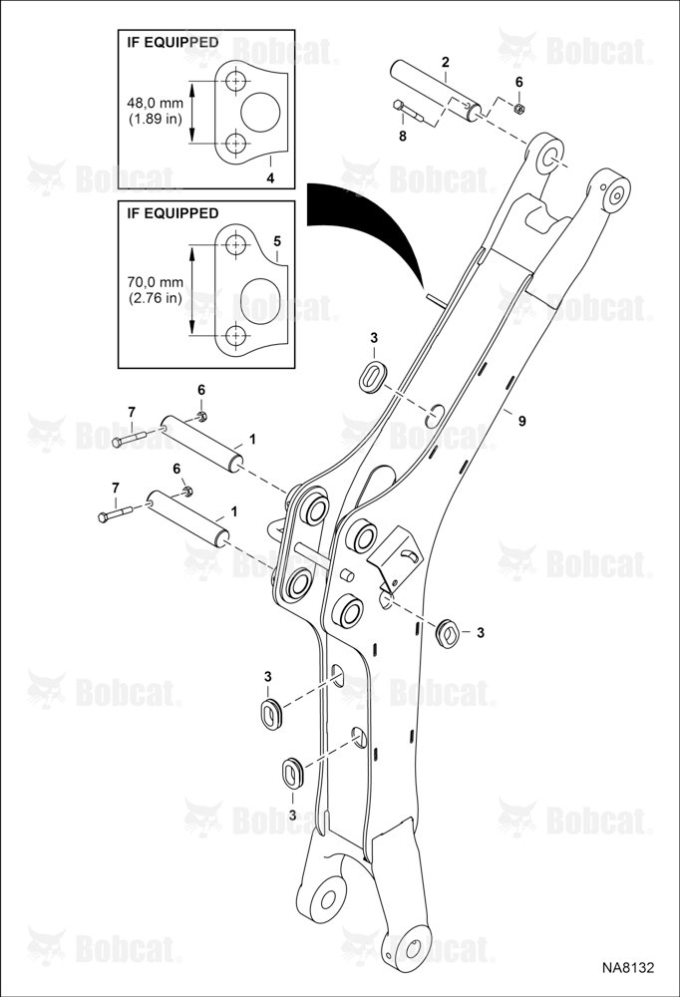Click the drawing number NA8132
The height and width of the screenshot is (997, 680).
(628, 967)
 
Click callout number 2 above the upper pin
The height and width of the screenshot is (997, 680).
(446, 62)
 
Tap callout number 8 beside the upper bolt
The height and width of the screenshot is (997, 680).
(402, 136)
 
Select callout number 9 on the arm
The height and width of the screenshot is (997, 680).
(521, 421)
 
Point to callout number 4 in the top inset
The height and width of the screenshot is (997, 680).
(270, 178)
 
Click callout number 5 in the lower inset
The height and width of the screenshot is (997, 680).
(276, 241)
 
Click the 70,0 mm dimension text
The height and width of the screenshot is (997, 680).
(157, 283)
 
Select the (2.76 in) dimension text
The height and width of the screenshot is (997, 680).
(157, 297)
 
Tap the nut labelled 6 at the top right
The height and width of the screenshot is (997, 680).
(518, 109)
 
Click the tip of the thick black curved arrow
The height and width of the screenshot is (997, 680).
(423, 288)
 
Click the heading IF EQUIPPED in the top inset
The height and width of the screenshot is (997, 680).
(172, 43)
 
